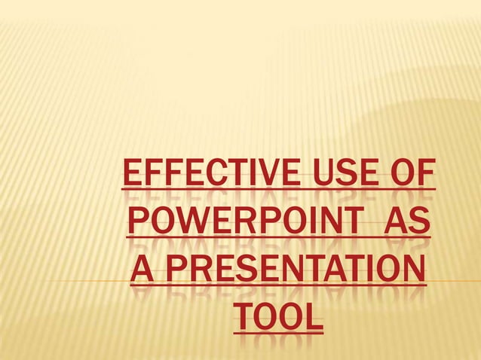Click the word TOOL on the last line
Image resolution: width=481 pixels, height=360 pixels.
pyautogui.click(x=276, y=316)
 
